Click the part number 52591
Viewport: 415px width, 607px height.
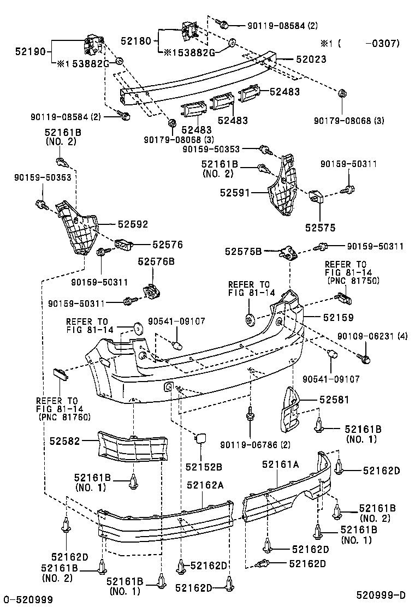[235, 193]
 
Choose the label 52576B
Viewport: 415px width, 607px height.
[156, 261]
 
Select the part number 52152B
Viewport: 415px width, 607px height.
[204, 466]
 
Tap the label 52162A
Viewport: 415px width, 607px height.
[205, 484]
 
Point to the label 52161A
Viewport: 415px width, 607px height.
[280, 465]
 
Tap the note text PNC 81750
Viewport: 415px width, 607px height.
[353, 281]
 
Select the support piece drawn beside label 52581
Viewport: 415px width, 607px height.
[292, 409]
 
